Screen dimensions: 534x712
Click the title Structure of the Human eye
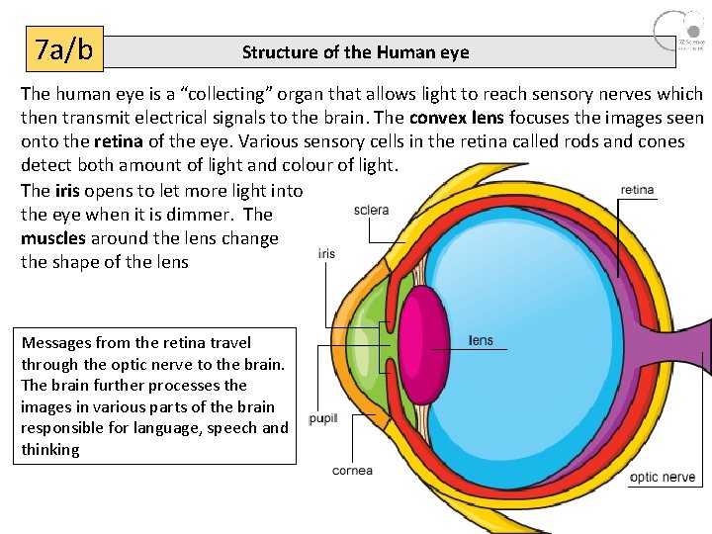click(x=356, y=52)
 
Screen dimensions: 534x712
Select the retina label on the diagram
click(x=638, y=190)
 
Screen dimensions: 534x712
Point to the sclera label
click(x=371, y=211)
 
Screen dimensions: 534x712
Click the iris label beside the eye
click(x=326, y=254)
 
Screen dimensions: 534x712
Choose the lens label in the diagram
click(x=481, y=341)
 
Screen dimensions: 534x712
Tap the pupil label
click(x=323, y=419)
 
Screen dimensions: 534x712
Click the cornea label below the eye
click(x=352, y=471)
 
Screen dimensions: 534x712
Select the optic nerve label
click(x=663, y=478)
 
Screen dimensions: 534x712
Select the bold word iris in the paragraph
click(x=65, y=191)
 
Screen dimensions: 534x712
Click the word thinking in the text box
click(x=50, y=450)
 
